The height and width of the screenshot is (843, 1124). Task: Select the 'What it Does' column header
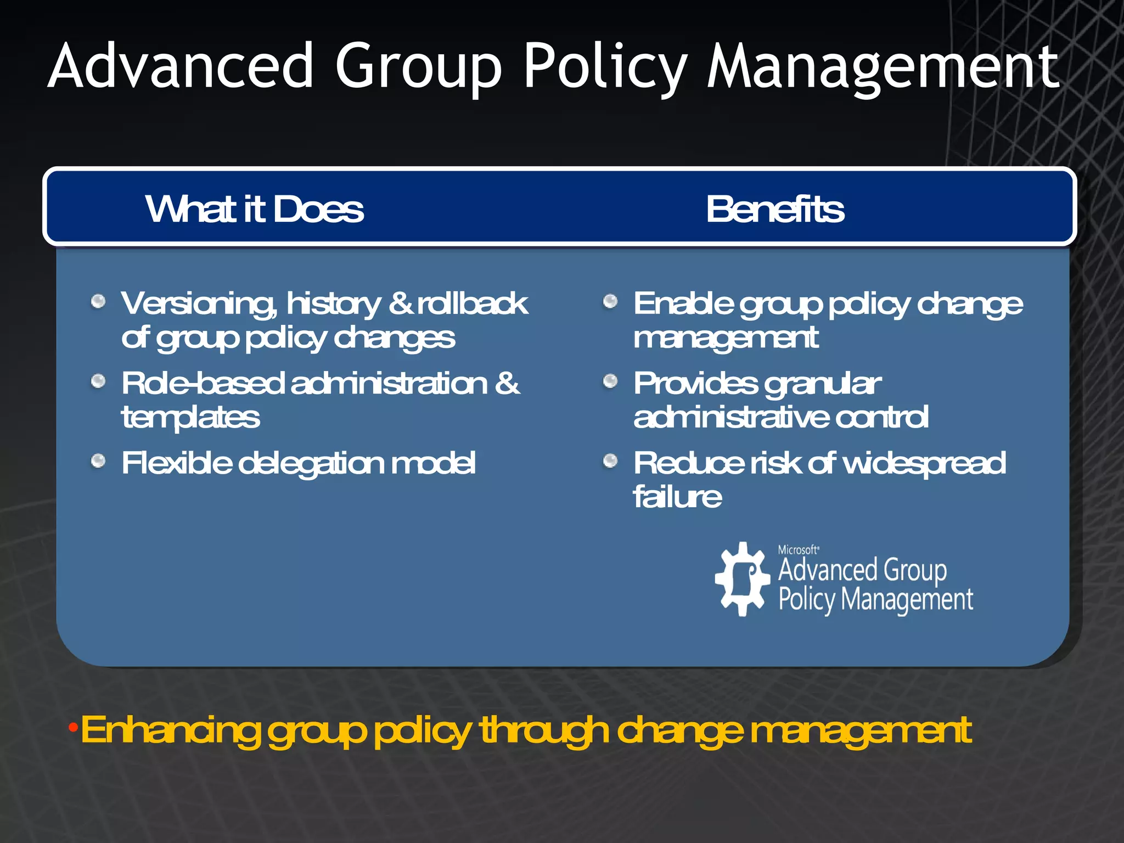point(254,209)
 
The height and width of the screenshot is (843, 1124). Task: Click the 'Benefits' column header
point(775,209)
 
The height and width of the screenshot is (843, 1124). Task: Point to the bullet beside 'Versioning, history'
point(98,301)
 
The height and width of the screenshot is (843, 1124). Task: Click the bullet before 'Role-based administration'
point(98,381)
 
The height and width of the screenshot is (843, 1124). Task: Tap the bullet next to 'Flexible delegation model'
point(98,460)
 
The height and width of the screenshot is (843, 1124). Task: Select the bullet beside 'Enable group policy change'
point(610,301)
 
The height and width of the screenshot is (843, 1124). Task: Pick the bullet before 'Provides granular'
point(610,381)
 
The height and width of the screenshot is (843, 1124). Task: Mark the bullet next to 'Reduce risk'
point(610,460)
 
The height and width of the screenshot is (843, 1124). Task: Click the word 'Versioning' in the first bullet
point(199,304)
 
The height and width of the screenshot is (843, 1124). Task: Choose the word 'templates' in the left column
point(190,418)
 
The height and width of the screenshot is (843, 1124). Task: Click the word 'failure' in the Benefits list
point(677,497)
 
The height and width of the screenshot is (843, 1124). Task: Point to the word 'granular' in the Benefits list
point(823,384)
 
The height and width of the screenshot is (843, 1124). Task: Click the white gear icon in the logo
point(743,579)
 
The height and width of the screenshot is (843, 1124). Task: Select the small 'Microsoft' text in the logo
point(799,550)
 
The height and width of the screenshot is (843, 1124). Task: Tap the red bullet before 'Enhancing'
point(72,728)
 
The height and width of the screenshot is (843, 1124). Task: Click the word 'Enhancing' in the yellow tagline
point(170,731)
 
